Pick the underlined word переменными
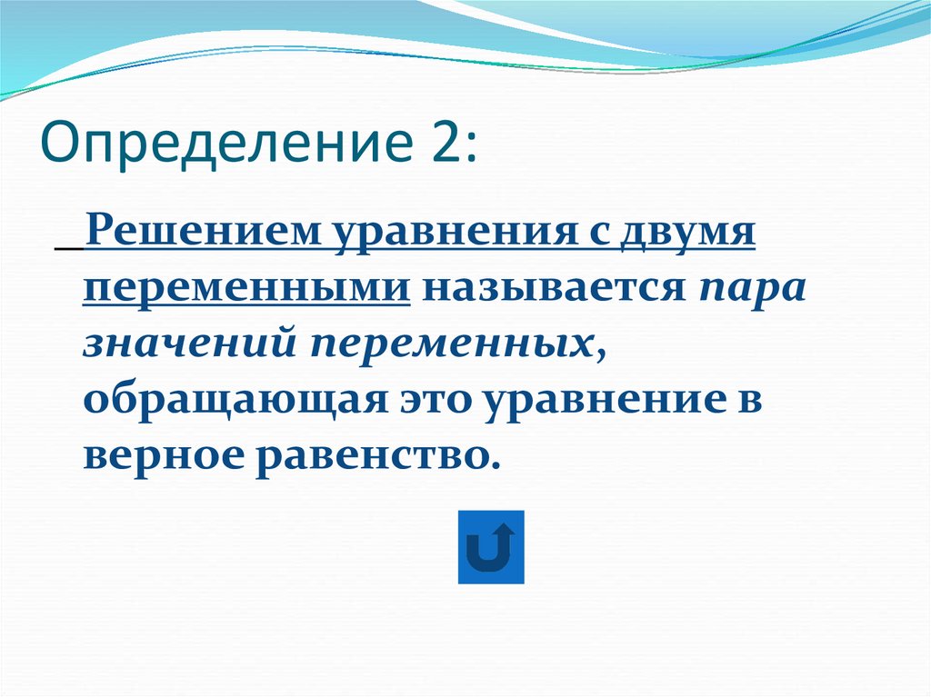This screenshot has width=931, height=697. (x=245, y=289)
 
